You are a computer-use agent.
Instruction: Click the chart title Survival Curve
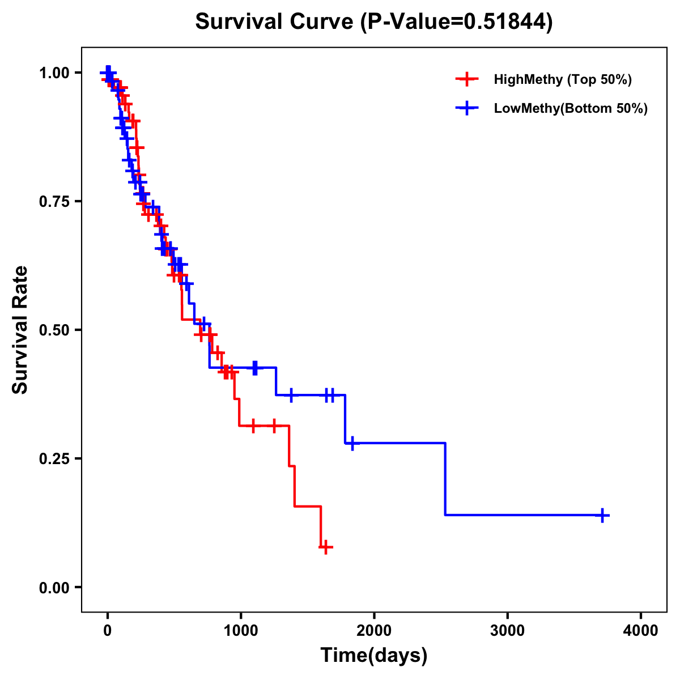[275, 22]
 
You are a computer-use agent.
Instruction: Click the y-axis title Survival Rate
[20, 330]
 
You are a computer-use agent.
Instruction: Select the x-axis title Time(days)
[374, 656]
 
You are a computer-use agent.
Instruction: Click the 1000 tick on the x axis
[241, 631]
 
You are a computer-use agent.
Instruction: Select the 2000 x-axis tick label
[374, 631]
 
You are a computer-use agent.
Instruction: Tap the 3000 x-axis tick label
[507, 631]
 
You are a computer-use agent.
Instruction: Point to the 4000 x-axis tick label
[641, 631]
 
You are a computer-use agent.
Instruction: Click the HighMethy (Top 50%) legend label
[563, 79]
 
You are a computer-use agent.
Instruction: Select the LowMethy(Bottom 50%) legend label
[571, 108]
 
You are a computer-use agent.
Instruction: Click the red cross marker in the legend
[467, 79]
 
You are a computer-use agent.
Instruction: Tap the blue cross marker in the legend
[467, 108]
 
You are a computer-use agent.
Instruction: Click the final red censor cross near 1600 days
[325, 547]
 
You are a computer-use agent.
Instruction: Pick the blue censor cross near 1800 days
[352, 443]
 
